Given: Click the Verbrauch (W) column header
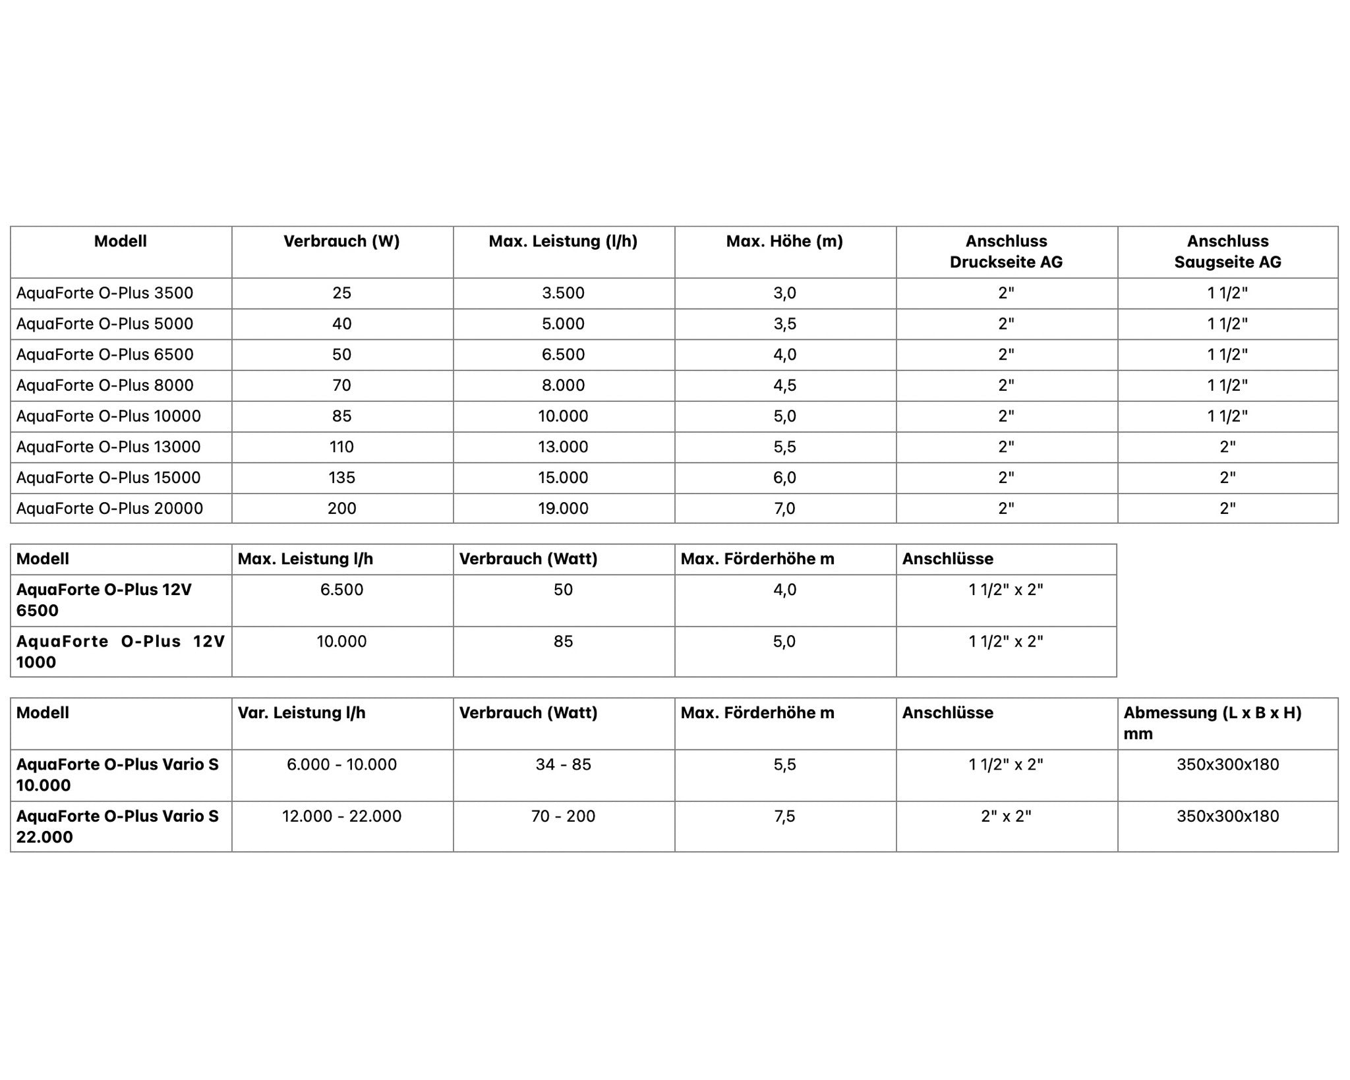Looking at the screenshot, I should tap(341, 241).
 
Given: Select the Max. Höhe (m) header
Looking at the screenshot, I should tap(784, 241).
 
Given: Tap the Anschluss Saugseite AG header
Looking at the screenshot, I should tap(1227, 251).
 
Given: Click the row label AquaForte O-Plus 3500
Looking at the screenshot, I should tap(105, 293).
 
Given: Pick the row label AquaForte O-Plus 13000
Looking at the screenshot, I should tap(108, 447).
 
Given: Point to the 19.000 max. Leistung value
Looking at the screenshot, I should tap(563, 508).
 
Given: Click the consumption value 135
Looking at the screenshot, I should tap(341, 477).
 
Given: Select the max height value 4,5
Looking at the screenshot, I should tap(784, 385).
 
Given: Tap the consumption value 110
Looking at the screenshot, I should tap(341, 447).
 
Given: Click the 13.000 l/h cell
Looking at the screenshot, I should tap(563, 447).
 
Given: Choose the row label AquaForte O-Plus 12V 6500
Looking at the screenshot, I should tap(103, 600).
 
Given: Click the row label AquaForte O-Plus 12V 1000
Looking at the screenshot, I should tap(120, 651).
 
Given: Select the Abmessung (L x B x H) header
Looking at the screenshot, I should tap(1212, 722).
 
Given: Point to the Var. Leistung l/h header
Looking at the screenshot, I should tap(301, 712).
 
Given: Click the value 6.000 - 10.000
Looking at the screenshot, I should tap(341, 764).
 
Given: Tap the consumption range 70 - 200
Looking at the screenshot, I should tap(563, 816).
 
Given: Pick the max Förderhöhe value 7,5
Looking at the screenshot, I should tap(784, 816).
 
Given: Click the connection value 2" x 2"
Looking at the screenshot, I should tap(1006, 816).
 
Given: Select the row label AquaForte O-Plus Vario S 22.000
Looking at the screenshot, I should tap(117, 826).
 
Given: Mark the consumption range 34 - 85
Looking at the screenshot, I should tap(563, 764).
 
